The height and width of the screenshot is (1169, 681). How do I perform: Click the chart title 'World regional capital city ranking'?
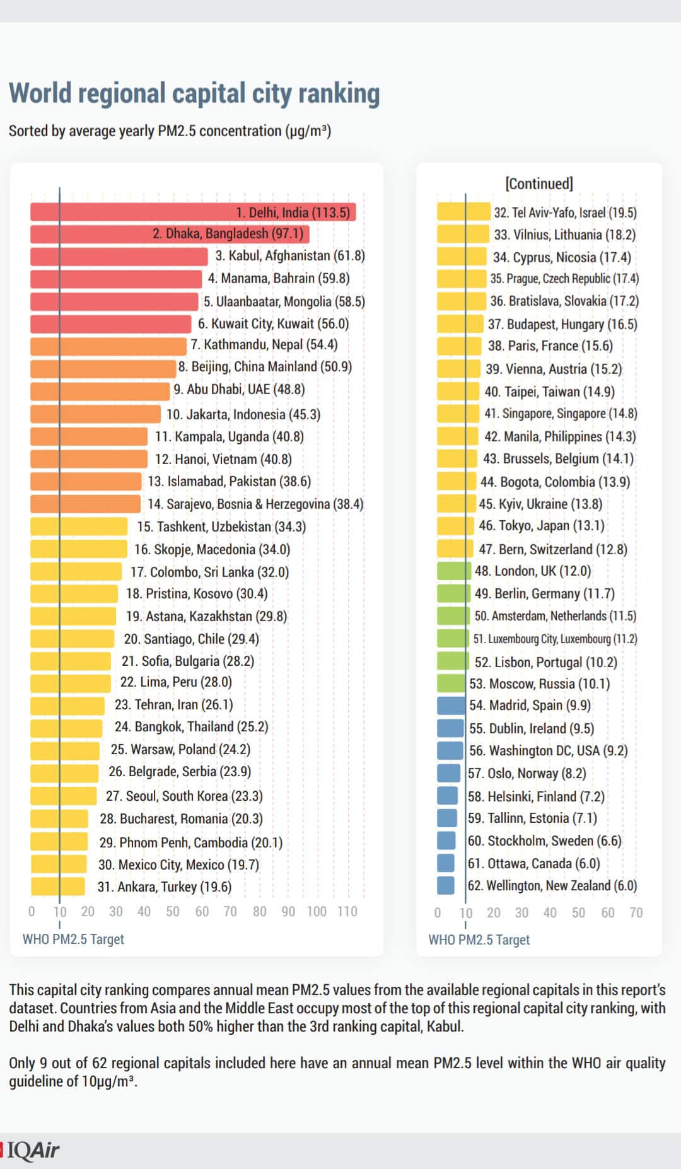pos(194,93)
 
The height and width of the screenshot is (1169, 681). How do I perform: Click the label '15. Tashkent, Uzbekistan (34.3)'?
pos(221,526)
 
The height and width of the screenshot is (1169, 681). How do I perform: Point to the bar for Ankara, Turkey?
pos(57,887)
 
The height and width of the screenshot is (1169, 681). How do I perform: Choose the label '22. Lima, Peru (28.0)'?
pos(176,682)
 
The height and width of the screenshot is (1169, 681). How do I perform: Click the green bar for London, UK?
pos(454,571)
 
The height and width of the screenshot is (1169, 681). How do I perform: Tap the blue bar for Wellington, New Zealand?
pos(446,885)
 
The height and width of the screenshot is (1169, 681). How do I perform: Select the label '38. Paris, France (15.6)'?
pos(550,346)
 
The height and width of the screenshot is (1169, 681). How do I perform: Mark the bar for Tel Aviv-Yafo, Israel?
pos(463,212)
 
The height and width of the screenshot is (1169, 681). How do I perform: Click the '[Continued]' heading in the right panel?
pos(539,183)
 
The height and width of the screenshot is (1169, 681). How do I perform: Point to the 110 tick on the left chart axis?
pos(347,912)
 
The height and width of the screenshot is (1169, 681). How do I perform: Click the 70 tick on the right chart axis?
pos(636,912)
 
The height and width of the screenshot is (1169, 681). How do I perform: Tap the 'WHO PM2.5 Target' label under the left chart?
pos(73,939)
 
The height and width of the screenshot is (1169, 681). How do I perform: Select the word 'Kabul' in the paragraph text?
pos(443,1027)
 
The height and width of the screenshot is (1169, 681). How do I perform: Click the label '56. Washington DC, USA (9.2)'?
pos(548,751)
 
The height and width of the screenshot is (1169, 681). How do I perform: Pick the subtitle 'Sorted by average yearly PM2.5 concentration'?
pos(170,131)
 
